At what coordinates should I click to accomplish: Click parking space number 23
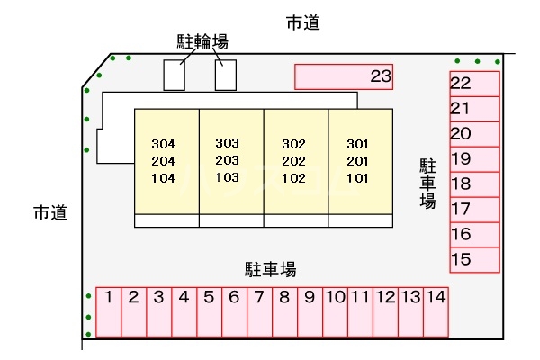pyautogui.click(x=344, y=77)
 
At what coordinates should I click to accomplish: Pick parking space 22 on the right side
pyautogui.click(x=474, y=84)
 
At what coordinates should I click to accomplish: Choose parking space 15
pyautogui.click(x=474, y=260)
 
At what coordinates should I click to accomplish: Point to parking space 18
pyautogui.click(x=474, y=184)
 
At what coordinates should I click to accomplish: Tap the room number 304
pyautogui.click(x=163, y=144)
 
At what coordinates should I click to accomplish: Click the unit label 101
pyautogui.click(x=358, y=177)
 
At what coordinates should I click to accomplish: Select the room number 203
pyautogui.click(x=228, y=160)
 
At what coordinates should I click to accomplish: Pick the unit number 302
pyautogui.click(x=294, y=144)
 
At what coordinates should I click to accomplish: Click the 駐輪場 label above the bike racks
pyautogui.click(x=202, y=40)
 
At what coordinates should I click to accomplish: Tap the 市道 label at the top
pyautogui.click(x=302, y=24)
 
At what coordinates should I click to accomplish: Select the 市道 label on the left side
pyautogui.click(x=50, y=214)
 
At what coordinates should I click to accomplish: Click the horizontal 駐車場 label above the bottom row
pyautogui.click(x=270, y=269)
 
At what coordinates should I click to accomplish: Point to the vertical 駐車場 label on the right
pyautogui.click(x=427, y=184)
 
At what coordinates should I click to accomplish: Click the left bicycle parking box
pyautogui.click(x=175, y=75)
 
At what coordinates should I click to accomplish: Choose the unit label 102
pyautogui.click(x=294, y=177)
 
